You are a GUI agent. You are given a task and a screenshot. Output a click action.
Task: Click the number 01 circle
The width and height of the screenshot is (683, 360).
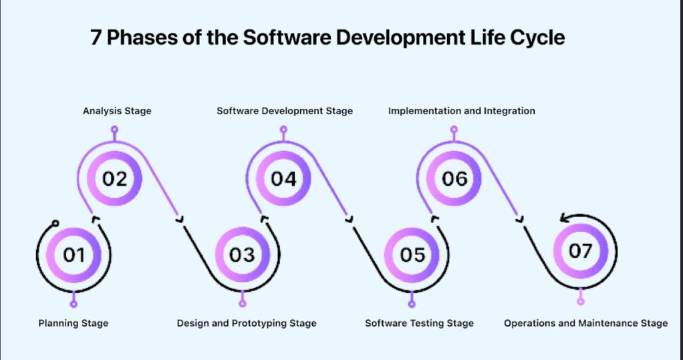[x=74, y=254]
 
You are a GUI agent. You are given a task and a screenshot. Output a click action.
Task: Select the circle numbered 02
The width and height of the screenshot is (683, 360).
[x=114, y=179]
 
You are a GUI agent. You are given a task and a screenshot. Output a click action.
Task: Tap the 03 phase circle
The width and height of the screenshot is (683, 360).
[x=243, y=254]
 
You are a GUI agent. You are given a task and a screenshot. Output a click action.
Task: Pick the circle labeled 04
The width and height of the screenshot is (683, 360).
[x=283, y=179]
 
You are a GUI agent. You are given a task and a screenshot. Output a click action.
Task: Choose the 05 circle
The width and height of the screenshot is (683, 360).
[x=412, y=254]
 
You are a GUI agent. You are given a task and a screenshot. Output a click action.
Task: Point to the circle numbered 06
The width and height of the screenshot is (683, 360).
[x=454, y=179]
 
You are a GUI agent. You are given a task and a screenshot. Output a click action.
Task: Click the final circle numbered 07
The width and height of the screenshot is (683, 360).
[x=581, y=251]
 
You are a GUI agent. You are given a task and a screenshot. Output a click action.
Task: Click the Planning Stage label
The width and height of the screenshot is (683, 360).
[x=73, y=323]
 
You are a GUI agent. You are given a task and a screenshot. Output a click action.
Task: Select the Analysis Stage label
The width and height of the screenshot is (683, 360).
[x=117, y=111]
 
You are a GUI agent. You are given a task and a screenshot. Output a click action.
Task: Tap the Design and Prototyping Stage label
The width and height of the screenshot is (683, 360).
[x=247, y=323]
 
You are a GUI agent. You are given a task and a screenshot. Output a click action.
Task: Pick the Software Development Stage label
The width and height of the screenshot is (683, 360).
[x=285, y=111]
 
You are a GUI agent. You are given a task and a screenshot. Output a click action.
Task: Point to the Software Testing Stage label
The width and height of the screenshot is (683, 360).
[x=419, y=323]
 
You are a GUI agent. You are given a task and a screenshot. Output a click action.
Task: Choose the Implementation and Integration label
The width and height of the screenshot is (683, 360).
[x=462, y=111]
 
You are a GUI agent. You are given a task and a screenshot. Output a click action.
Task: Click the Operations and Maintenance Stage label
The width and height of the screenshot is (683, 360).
[x=585, y=323]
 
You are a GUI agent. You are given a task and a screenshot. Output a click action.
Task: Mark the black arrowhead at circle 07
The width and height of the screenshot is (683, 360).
[x=564, y=217]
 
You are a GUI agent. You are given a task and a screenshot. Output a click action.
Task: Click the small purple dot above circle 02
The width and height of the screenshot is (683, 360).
[x=114, y=130]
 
